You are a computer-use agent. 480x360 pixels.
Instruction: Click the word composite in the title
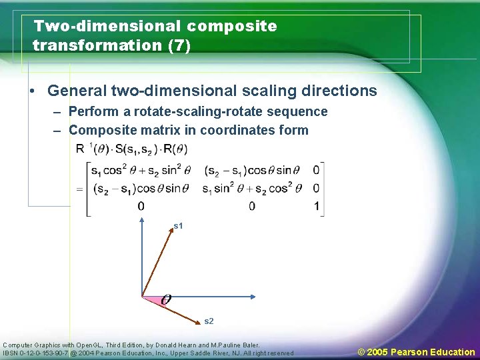[232, 27]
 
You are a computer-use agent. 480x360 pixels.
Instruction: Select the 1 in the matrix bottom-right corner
[316, 206]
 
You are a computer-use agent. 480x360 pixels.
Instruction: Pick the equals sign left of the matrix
[79, 189]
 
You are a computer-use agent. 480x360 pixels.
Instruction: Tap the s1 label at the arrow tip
[178, 227]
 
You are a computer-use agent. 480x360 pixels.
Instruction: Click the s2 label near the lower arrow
[209, 321]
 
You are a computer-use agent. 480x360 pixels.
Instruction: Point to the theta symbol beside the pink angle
[165, 299]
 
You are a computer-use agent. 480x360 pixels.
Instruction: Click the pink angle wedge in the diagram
[152, 300]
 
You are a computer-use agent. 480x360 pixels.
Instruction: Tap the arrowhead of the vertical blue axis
[142, 219]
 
